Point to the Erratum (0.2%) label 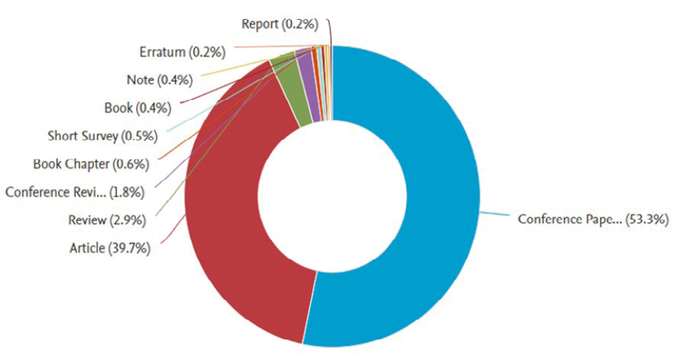(182, 53)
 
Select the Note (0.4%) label (159, 80)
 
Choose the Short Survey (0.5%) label (102, 136)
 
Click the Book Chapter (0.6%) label (91, 163)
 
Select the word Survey (98, 136)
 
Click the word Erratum (163, 53)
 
